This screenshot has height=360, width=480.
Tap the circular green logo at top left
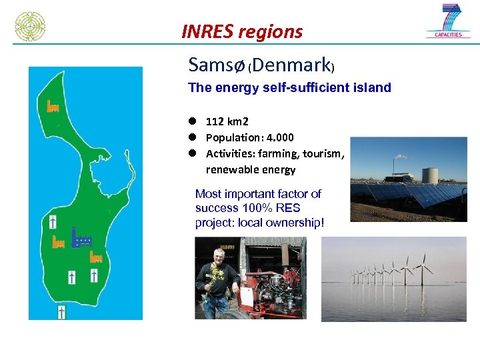click(x=30, y=26)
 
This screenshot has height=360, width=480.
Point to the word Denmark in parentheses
click(x=291, y=65)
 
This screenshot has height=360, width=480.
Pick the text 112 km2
click(x=227, y=121)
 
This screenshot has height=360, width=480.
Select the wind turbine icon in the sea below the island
click(x=61, y=311)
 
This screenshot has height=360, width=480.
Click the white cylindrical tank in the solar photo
click(x=430, y=175)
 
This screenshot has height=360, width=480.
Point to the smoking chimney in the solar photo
click(x=395, y=167)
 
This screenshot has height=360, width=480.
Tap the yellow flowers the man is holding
click(x=215, y=273)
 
